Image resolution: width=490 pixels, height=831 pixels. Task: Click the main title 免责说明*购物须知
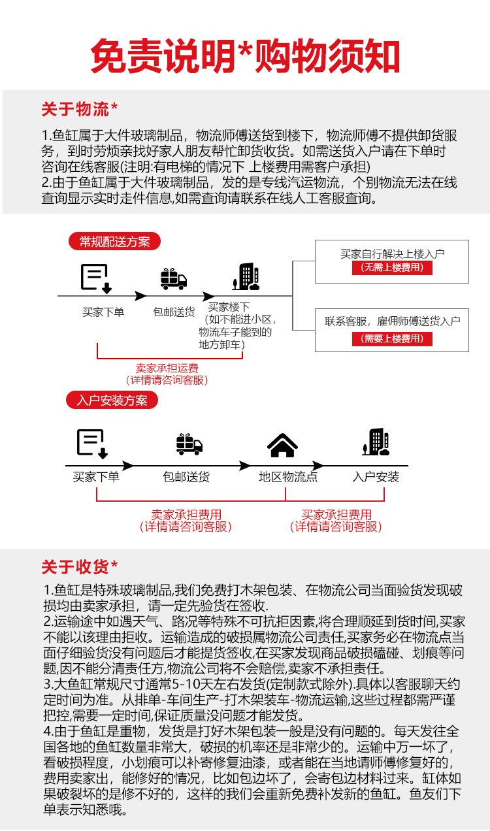click(x=245, y=56)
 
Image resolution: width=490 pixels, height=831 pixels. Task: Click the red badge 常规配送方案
click(x=114, y=242)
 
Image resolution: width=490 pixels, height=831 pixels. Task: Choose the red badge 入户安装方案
click(x=112, y=400)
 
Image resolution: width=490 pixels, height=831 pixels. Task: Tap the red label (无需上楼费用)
click(x=392, y=268)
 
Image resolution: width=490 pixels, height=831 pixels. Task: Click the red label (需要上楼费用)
click(x=392, y=338)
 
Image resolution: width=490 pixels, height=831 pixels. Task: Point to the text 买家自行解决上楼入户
click(x=392, y=254)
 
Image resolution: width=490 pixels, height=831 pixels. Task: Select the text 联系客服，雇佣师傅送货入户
click(x=393, y=321)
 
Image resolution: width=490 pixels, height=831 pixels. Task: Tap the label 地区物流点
click(x=288, y=477)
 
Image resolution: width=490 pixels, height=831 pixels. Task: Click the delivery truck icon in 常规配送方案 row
click(x=174, y=279)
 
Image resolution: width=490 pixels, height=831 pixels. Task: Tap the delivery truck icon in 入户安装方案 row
click(x=189, y=444)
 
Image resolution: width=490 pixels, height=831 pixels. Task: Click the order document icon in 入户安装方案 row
click(x=92, y=443)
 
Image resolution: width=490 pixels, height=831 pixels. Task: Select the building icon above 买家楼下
click(x=246, y=277)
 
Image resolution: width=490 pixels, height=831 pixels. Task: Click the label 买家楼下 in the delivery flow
click(x=229, y=306)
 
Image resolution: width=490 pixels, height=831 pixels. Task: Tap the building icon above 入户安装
click(x=376, y=442)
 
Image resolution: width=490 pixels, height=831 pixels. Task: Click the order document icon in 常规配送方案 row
click(x=95, y=278)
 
